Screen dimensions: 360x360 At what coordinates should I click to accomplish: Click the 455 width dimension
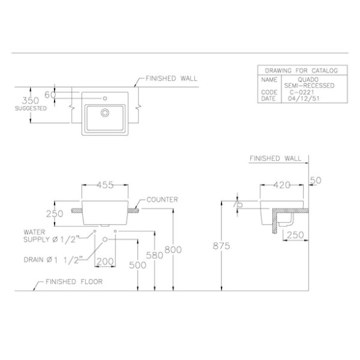click(x=105, y=185)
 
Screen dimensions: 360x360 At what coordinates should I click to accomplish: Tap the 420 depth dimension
click(x=282, y=185)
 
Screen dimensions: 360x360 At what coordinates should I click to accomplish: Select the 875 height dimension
click(x=221, y=246)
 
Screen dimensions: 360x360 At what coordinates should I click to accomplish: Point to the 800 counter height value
click(x=173, y=250)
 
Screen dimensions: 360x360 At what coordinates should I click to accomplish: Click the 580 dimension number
click(x=155, y=255)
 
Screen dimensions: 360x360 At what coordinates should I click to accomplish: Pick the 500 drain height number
click(x=137, y=265)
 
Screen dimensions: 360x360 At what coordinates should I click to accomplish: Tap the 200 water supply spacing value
click(x=105, y=261)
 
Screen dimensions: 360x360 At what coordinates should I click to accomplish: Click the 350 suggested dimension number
click(x=30, y=101)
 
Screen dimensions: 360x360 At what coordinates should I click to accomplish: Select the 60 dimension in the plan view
click(x=50, y=94)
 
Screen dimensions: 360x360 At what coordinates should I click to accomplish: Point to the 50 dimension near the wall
click(x=316, y=180)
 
